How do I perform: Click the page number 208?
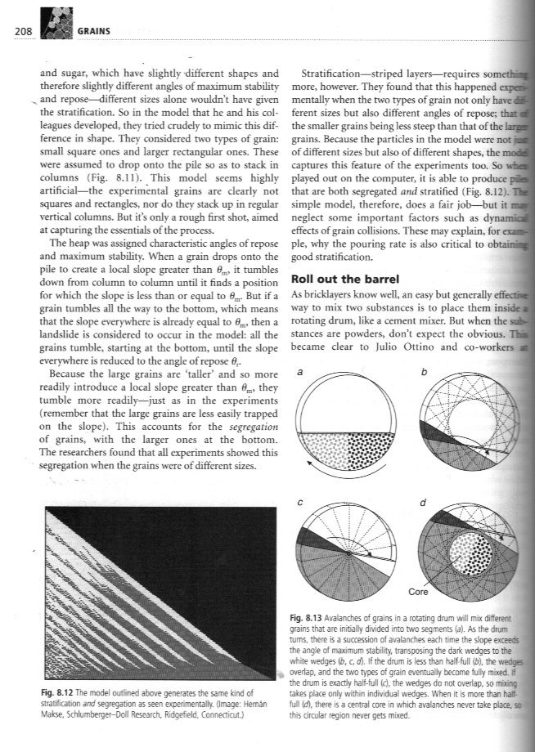tap(16, 32)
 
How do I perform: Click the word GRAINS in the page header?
tap(97, 32)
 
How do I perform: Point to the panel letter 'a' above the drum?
tap(301, 372)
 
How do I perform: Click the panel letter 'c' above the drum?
tap(300, 501)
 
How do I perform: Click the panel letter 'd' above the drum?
tap(422, 502)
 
